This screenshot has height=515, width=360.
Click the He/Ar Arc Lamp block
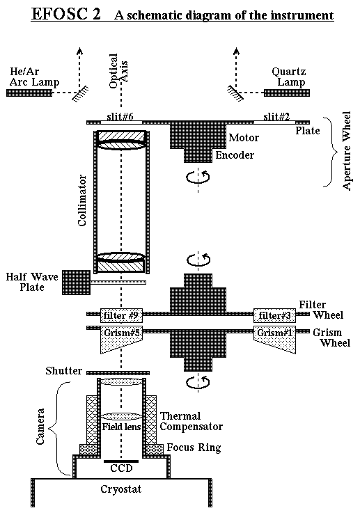tap(29, 93)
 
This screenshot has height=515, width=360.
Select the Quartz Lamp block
tap(287, 93)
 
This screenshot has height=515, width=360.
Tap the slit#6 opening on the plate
tap(121, 122)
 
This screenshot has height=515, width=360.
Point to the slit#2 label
tap(276, 117)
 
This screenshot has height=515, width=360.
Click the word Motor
tap(244, 137)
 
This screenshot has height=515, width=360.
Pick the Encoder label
tap(235, 154)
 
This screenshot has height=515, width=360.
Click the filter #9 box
tap(121, 316)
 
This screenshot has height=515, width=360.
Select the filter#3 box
tap(274, 316)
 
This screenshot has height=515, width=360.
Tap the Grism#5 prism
tap(121, 340)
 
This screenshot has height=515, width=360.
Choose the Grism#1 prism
tap(274, 340)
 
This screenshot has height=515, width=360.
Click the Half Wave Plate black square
tap(77, 283)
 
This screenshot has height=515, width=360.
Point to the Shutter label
tap(64, 371)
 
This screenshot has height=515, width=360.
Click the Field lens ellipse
tap(121, 416)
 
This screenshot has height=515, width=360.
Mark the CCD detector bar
tap(121, 461)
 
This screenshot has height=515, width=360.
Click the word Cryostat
tap(121, 489)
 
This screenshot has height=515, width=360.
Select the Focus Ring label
tap(194, 447)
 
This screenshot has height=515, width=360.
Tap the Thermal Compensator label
tap(191, 421)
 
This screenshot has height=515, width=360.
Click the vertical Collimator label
tap(82, 200)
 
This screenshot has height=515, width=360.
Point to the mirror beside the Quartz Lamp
tap(235, 93)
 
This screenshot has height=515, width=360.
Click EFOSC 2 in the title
tap(65, 15)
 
